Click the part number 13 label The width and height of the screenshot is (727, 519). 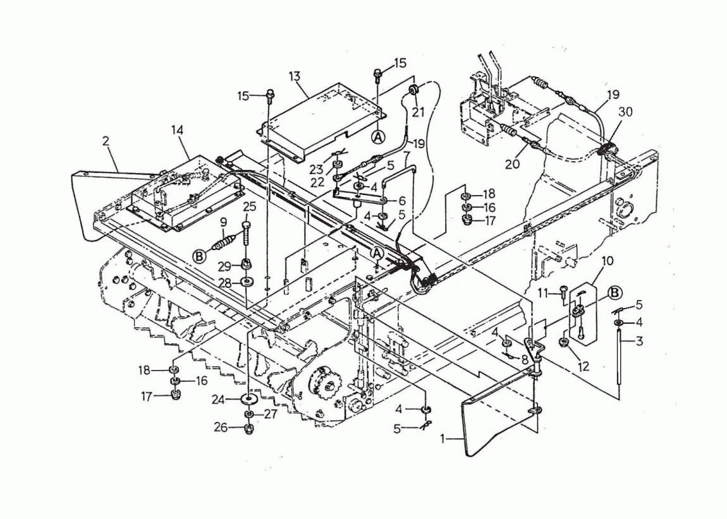pos(294,76)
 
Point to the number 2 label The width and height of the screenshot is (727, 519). pos(106,141)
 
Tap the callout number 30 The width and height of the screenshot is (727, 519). pos(625,112)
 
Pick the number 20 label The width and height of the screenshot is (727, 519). pos(512,164)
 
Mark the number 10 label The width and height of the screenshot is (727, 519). pos(607,261)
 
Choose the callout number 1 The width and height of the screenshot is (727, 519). pos(443,438)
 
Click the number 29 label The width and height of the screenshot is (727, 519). pos(225,266)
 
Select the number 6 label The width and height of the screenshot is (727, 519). pos(401,201)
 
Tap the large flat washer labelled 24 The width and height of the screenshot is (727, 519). pos(249,398)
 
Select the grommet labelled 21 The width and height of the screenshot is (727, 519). pos(413,90)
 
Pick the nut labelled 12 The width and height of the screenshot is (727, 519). pos(564,343)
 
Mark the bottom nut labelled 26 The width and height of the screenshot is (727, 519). pos(249,428)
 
